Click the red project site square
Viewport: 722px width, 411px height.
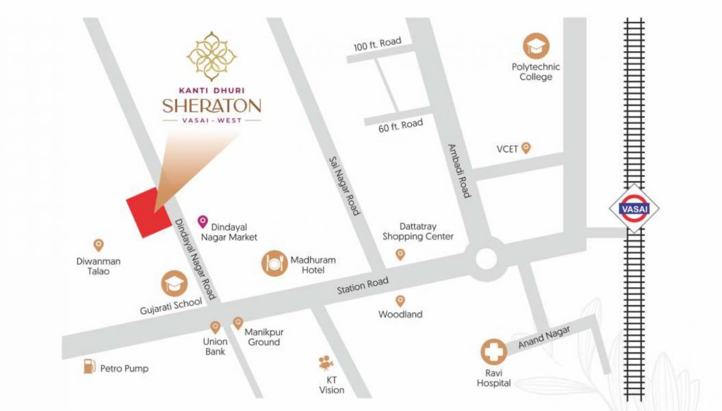pyautogui.click(x=149, y=213)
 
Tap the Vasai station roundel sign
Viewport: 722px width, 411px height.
pyautogui.click(x=634, y=208)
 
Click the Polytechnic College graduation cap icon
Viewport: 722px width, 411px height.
pyautogui.click(x=536, y=46)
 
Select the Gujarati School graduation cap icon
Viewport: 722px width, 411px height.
pyautogui.click(x=175, y=284)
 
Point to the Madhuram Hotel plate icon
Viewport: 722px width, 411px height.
pyautogui.click(x=275, y=263)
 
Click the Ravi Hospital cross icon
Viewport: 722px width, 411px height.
pyautogui.click(x=493, y=352)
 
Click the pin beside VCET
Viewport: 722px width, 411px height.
pyautogui.click(x=525, y=148)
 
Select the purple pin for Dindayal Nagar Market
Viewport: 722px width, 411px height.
pyautogui.click(x=203, y=221)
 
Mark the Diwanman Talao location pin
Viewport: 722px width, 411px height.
pyautogui.click(x=98, y=245)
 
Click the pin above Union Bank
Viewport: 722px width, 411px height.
pyautogui.click(x=215, y=327)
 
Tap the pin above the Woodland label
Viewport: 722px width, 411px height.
pyautogui.click(x=400, y=301)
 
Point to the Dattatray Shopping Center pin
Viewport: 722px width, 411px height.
pyautogui.click(x=400, y=254)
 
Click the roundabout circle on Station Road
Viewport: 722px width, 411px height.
pyautogui.click(x=486, y=259)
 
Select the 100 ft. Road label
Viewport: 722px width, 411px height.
pyautogui.click(x=377, y=44)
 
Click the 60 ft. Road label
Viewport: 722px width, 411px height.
pyautogui.click(x=400, y=126)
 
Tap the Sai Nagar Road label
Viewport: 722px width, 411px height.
pyautogui.click(x=344, y=186)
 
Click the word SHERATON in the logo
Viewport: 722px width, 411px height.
pyautogui.click(x=212, y=105)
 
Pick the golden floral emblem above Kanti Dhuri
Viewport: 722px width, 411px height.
pyautogui.click(x=211, y=56)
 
